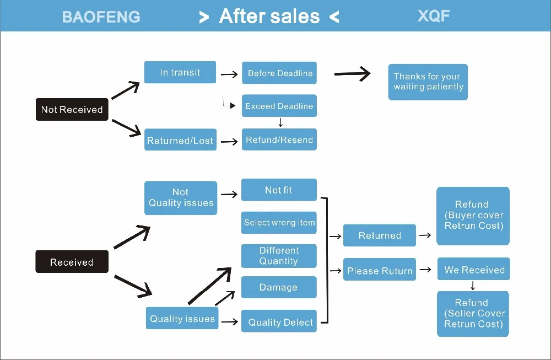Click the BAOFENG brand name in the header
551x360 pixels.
(101, 17)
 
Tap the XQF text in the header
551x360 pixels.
(434, 16)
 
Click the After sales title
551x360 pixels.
(269, 16)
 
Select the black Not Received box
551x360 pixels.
(72, 109)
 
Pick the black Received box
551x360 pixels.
(72, 261)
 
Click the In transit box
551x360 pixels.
(180, 72)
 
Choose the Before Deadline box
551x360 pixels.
(279, 73)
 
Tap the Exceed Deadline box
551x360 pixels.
(279, 105)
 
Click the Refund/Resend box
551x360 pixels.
(279, 139)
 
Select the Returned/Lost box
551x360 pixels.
(180, 139)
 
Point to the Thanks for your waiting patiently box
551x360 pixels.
(428, 82)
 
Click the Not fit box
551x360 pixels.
(279, 190)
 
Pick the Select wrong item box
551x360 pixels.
(279, 223)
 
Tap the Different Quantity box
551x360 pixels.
(279, 256)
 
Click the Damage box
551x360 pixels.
(279, 287)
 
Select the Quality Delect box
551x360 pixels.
(279, 321)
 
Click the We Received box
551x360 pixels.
(474, 269)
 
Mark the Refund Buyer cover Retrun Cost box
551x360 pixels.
(473, 216)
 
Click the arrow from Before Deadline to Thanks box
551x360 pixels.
(352, 74)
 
